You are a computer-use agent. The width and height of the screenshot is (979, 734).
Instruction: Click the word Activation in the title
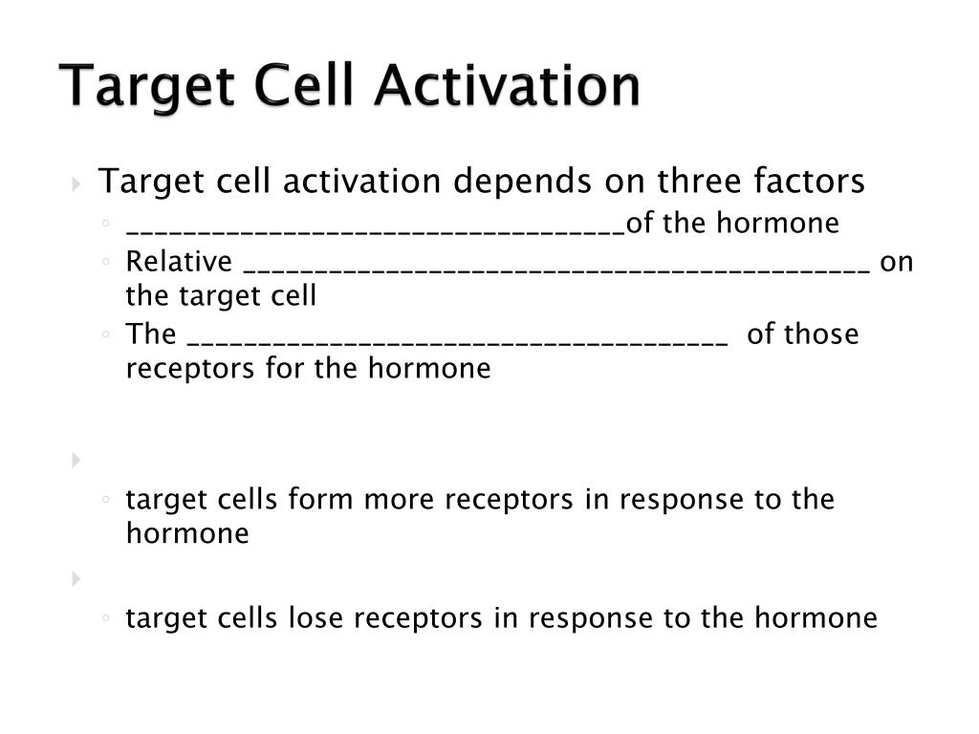click(507, 86)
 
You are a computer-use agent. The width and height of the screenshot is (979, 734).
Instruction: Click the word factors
click(809, 181)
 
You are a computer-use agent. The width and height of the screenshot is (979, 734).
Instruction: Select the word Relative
click(179, 262)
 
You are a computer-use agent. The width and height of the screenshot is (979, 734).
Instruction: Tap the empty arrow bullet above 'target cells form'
click(76, 461)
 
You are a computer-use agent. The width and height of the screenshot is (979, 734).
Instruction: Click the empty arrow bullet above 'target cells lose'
click(76, 578)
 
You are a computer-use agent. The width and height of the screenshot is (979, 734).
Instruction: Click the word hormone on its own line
click(187, 533)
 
